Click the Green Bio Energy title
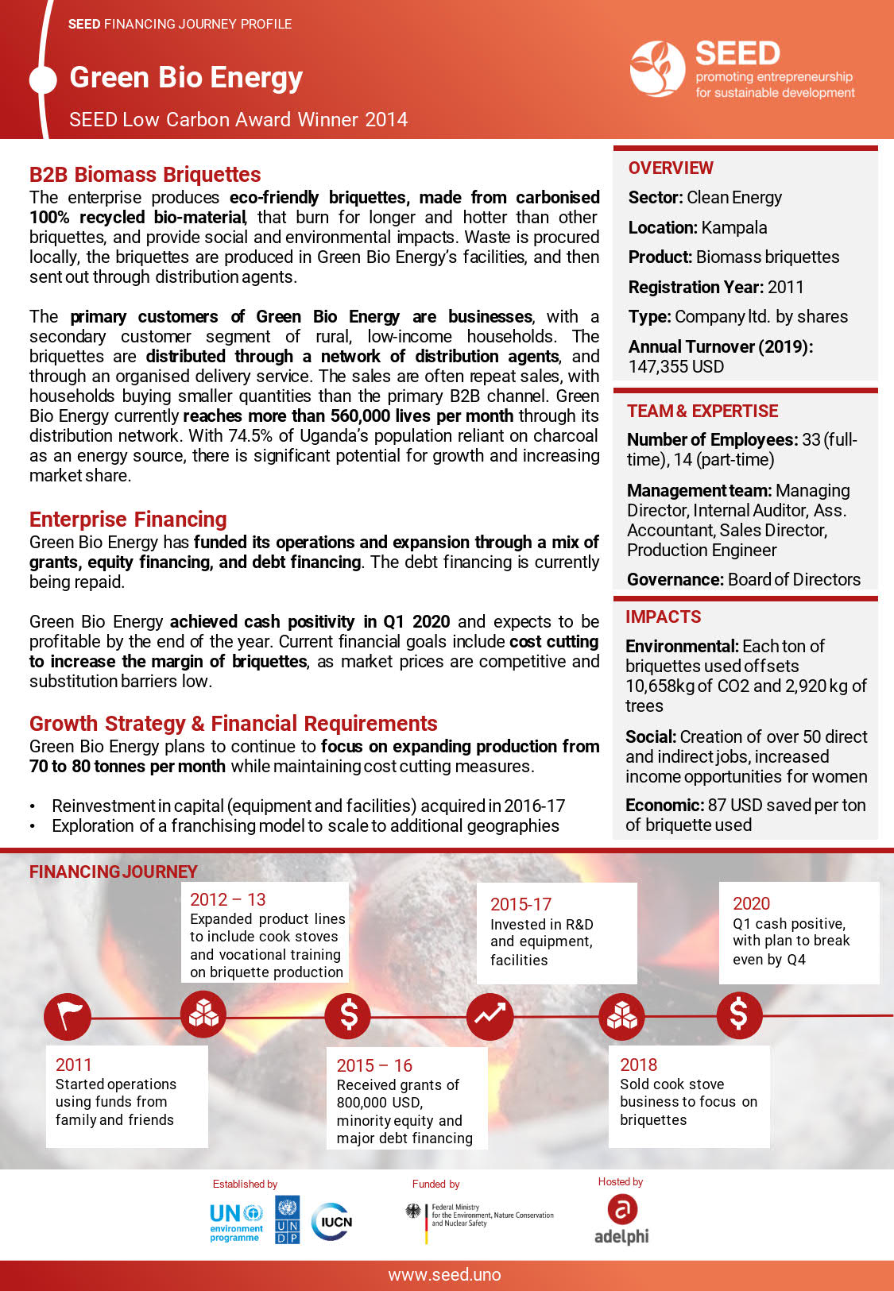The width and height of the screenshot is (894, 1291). (186, 78)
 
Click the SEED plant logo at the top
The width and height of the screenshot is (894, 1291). (657, 68)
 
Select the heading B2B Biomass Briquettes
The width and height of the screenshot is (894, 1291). (145, 175)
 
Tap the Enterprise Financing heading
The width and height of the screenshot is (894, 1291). (128, 520)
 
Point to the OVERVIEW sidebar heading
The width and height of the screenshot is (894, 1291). (671, 168)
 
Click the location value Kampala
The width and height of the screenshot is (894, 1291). (733, 228)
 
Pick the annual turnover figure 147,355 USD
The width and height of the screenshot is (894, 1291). (676, 367)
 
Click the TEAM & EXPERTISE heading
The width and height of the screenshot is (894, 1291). (702, 412)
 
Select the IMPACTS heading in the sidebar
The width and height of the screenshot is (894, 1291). (663, 617)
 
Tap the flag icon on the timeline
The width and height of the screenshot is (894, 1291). (68, 1016)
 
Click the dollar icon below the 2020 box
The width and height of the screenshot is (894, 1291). (739, 1015)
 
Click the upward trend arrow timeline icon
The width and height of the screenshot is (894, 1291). (490, 1016)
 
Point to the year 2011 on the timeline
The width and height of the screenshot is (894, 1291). (74, 1065)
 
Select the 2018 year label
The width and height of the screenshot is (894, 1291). (638, 1065)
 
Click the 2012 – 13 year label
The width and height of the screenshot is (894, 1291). (228, 900)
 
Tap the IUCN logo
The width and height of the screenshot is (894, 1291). (332, 1222)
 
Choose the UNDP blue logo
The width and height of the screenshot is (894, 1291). (287, 1220)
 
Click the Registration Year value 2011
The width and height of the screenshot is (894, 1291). (786, 288)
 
